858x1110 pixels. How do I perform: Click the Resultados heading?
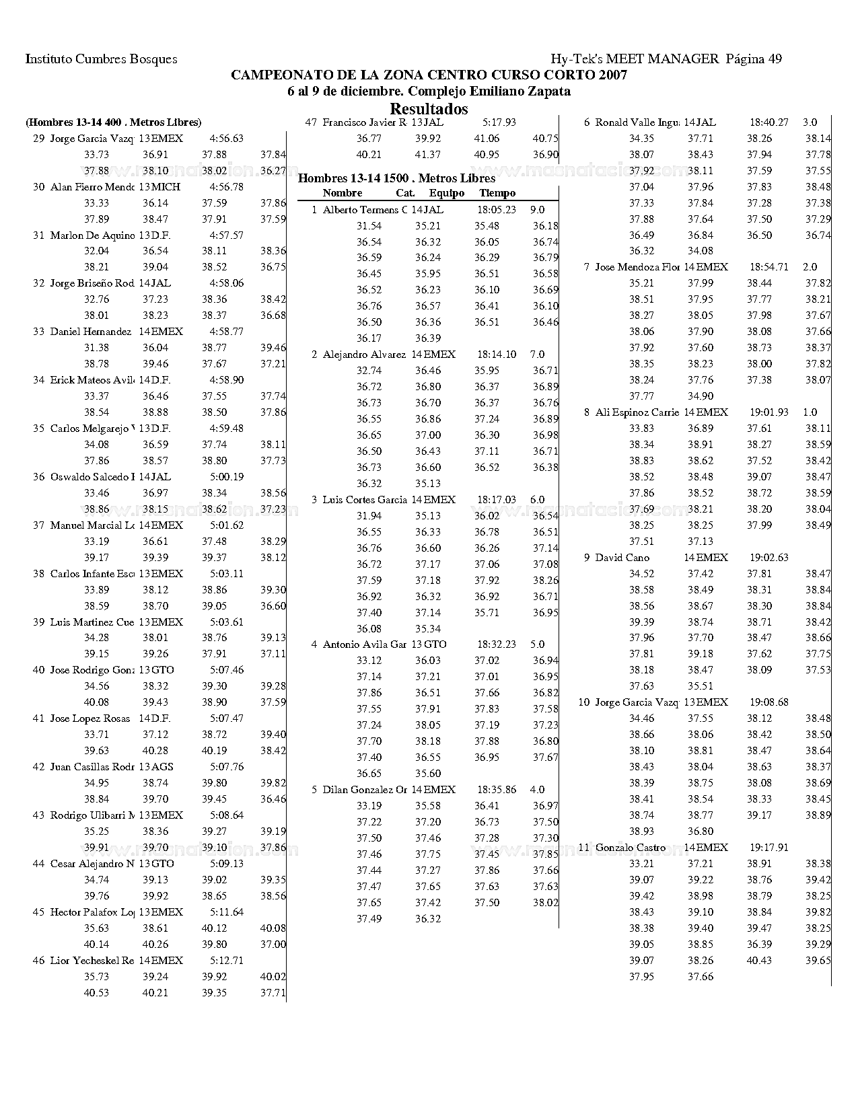click(429, 109)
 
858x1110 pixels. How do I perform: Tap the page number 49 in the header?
click(774, 59)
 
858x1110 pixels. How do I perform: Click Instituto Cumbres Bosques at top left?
click(101, 59)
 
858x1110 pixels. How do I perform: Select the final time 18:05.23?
click(496, 209)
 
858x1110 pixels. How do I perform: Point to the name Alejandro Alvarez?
click(364, 355)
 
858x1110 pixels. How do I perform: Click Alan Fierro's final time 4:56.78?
click(226, 187)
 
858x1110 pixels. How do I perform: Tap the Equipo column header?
click(446, 193)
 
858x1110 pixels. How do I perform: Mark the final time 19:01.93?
click(768, 412)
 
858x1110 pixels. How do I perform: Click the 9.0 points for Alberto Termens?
click(537, 209)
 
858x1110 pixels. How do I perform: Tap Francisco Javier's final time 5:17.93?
click(499, 122)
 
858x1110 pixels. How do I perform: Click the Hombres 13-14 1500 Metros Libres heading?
click(396, 178)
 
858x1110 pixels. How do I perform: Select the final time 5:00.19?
click(226, 477)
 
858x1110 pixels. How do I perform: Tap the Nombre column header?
click(342, 193)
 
